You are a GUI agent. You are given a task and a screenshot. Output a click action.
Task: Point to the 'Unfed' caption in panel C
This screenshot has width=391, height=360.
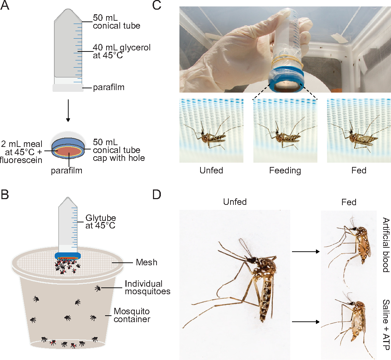(x=211, y=171)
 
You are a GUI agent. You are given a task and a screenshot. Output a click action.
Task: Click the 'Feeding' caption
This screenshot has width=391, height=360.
(x=285, y=171)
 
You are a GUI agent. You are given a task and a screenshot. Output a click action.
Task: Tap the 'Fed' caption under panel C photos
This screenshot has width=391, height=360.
(x=359, y=171)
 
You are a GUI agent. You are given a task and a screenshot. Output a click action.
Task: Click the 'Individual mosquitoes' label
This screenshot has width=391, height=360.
(x=147, y=287)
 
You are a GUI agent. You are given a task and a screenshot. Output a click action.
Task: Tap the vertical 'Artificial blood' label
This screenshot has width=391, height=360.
(x=385, y=245)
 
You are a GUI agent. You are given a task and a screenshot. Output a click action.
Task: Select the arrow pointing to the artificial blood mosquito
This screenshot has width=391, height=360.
(x=306, y=252)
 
